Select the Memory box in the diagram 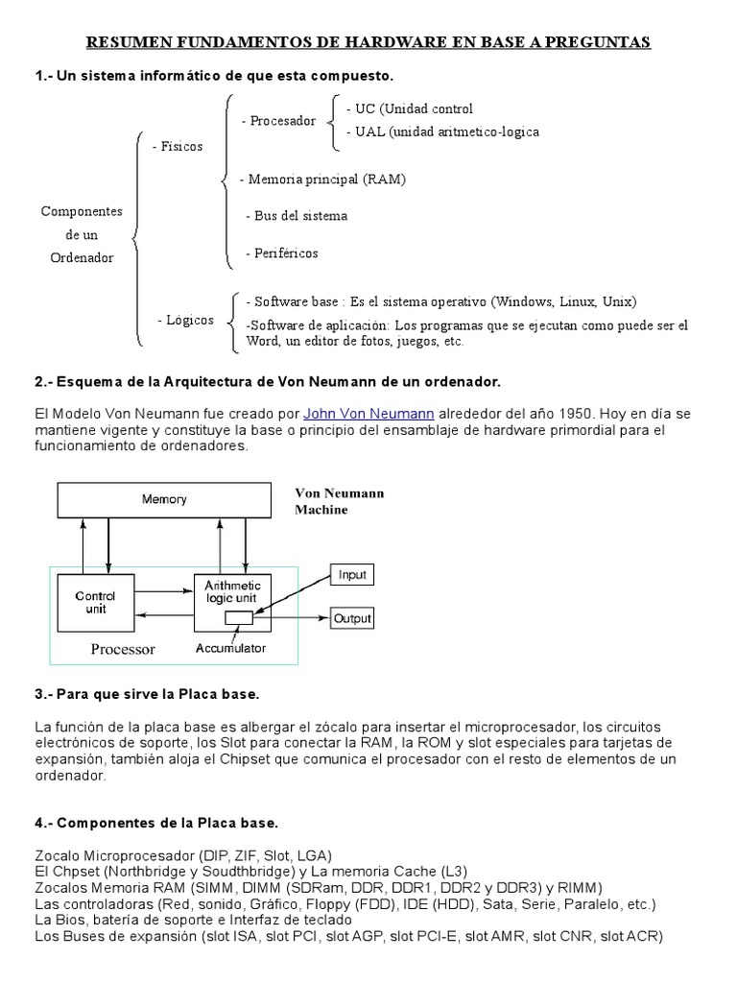tap(164, 499)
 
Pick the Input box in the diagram tap(352, 575)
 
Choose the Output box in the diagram tap(352, 619)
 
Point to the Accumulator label tap(230, 649)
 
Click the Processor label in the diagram tap(123, 649)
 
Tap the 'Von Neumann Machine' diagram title tap(339, 501)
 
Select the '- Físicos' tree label tap(178, 147)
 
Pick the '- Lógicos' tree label tap(185, 320)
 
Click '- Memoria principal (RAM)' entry tap(322, 180)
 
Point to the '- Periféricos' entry tap(281, 253)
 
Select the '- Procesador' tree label tap(278, 121)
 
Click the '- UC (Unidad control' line tap(409, 108)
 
